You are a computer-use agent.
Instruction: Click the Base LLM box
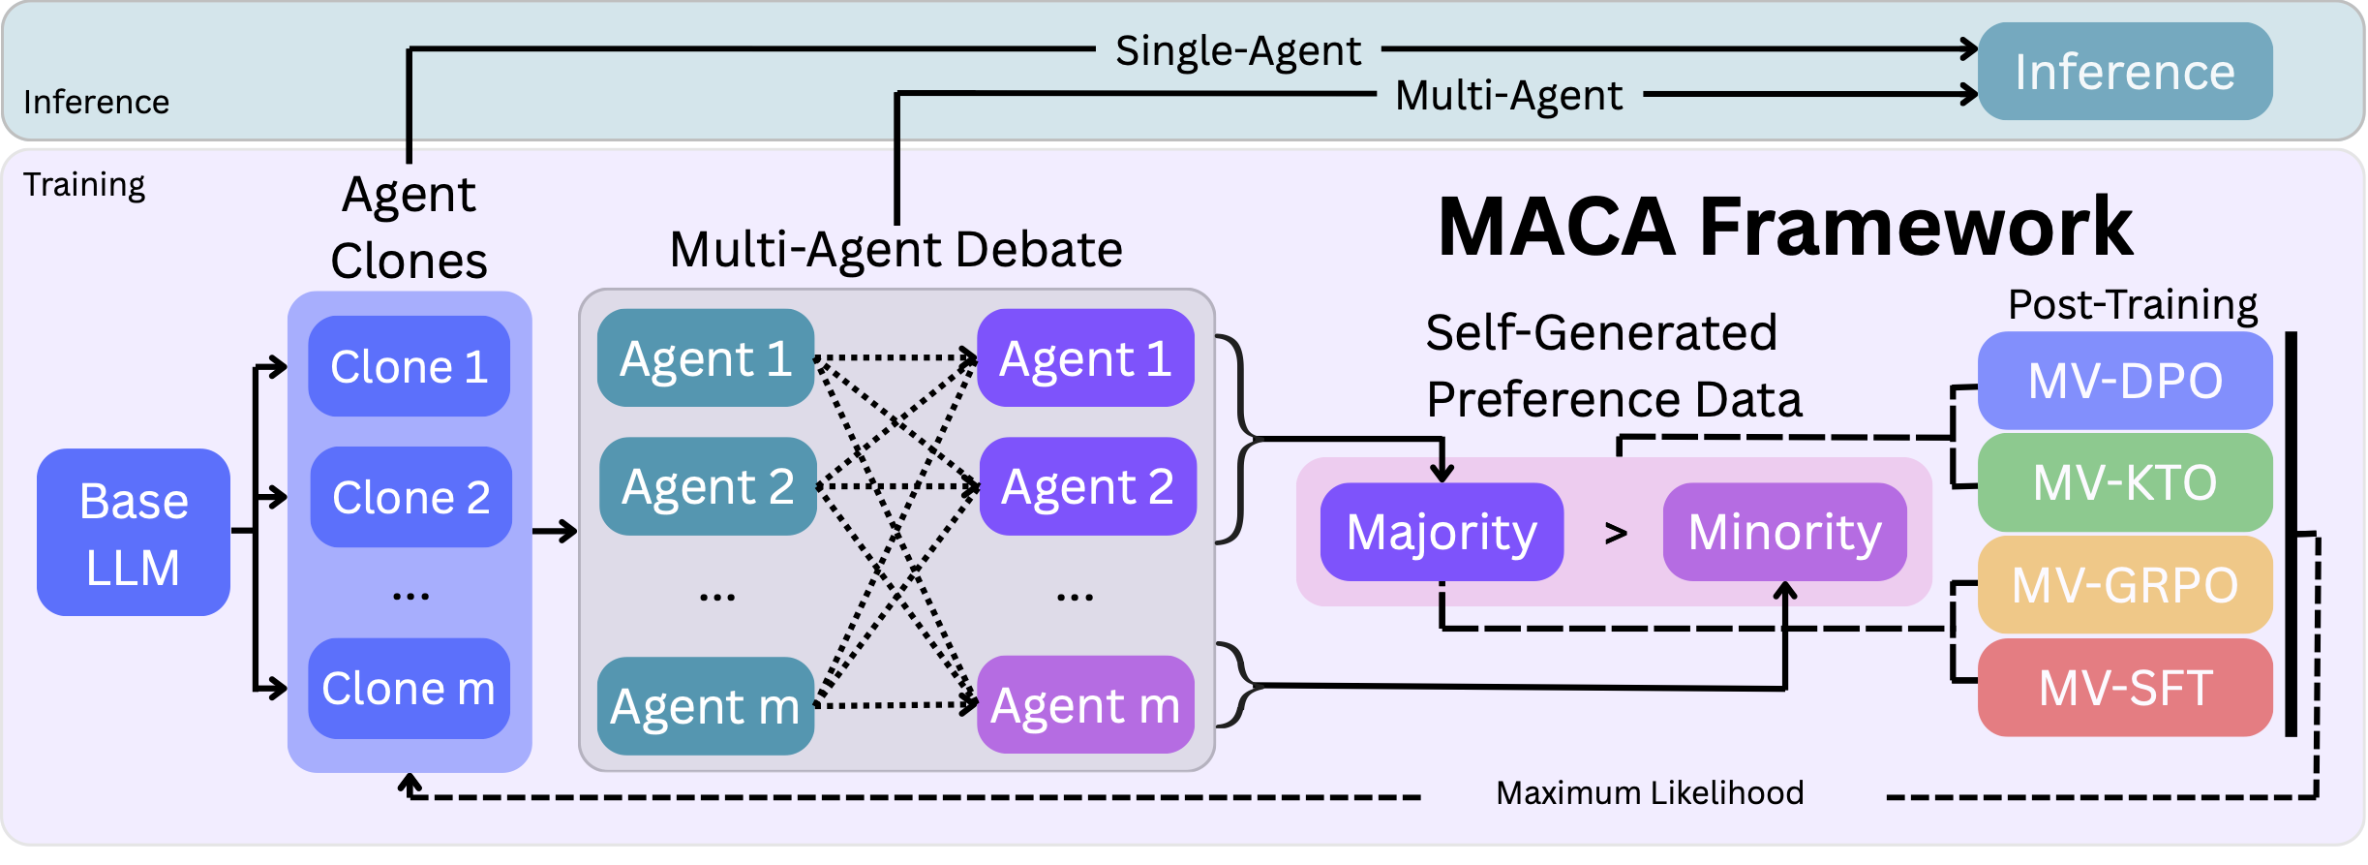click(x=134, y=533)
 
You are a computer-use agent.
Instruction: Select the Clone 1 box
click(x=409, y=366)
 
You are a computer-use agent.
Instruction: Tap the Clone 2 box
click(x=410, y=497)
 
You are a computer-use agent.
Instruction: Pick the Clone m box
click(x=409, y=689)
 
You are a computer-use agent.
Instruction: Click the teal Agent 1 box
click(x=706, y=358)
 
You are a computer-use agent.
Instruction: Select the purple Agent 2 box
click(x=1087, y=486)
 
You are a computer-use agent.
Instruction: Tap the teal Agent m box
click(x=706, y=706)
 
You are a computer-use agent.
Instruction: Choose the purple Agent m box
click(x=1085, y=705)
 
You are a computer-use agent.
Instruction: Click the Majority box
click(x=1442, y=532)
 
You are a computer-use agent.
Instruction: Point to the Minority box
click(x=1784, y=532)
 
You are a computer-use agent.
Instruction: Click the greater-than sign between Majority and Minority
click(x=1615, y=533)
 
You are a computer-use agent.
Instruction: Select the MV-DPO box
click(x=2125, y=381)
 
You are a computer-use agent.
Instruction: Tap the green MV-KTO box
click(x=2125, y=482)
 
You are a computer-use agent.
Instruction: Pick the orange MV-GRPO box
click(x=2125, y=585)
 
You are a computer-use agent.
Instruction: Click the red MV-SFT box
click(x=2125, y=688)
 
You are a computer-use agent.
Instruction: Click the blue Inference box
click(x=2125, y=72)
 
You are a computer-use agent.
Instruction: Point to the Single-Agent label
click(x=1237, y=50)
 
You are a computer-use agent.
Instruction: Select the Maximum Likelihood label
click(x=1650, y=793)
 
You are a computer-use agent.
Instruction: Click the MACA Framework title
click(x=1785, y=227)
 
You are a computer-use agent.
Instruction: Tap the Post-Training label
click(x=2132, y=304)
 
